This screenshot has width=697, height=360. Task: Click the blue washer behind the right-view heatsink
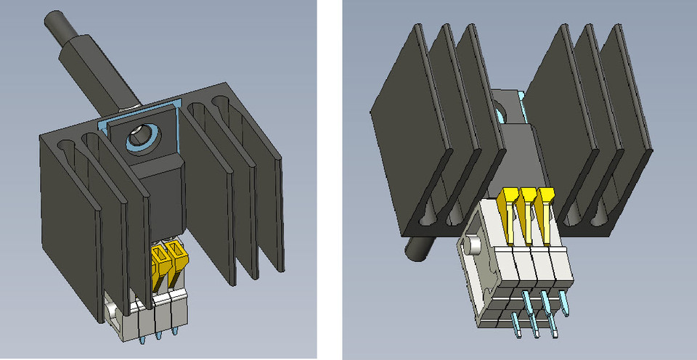502,112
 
